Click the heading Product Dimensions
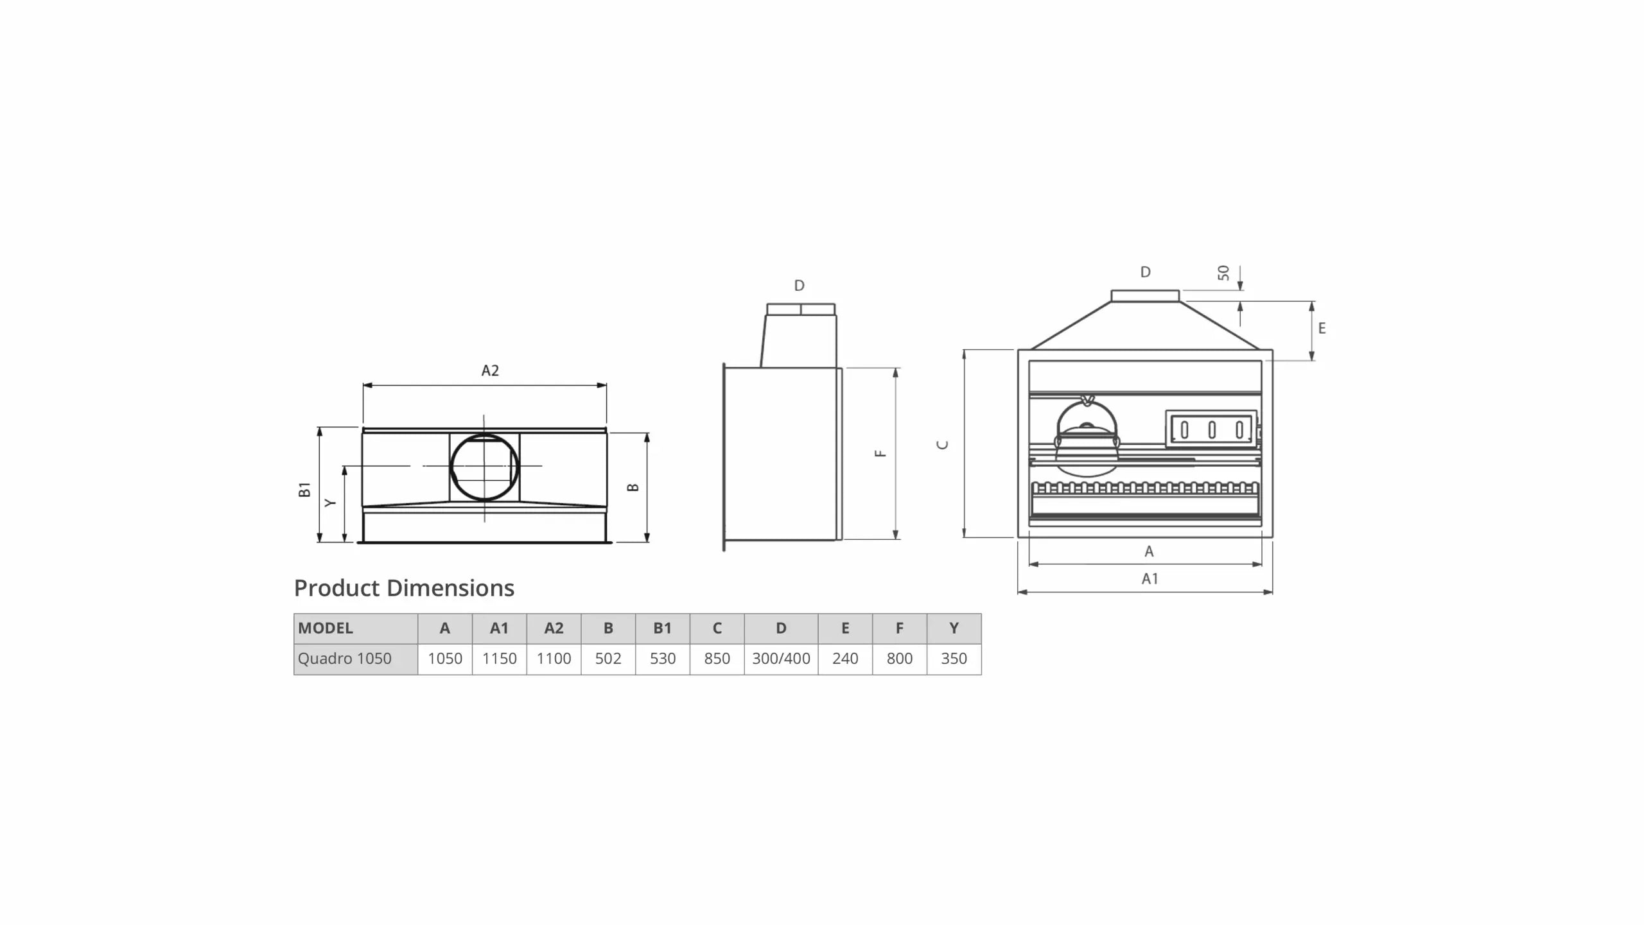coord(404,588)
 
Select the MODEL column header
coord(326,628)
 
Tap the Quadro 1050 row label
coord(345,659)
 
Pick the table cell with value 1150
coord(500,659)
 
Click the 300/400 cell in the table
coord(781,659)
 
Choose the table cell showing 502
coord(608,659)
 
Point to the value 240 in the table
coord(845,659)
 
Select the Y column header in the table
coord(954,628)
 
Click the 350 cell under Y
coord(954,659)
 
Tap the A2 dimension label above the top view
coord(490,370)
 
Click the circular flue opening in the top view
coord(484,467)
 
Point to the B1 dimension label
coord(304,489)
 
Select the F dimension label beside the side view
coord(880,453)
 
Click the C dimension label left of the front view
coord(943,445)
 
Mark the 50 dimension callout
coord(1223,273)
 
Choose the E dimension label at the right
coord(1322,329)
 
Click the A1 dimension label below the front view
coord(1150,579)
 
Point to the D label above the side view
coord(799,286)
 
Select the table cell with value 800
coord(899,659)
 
